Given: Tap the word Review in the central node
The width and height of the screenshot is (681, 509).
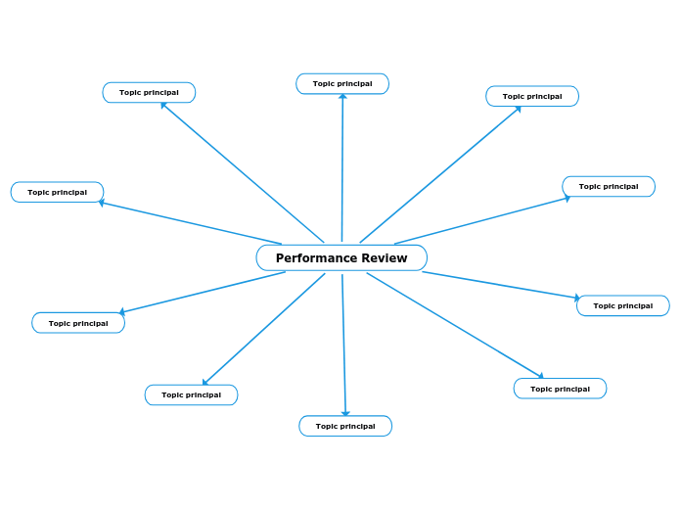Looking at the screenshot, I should [x=385, y=258].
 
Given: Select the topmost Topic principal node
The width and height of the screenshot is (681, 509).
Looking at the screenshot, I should [x=342, y=84].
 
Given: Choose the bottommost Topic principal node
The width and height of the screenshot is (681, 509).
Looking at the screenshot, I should [x=345, y=426].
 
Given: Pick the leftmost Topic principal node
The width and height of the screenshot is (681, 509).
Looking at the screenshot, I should [x=57, y=192].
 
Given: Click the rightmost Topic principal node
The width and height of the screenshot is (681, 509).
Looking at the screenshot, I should [x=623, y=305].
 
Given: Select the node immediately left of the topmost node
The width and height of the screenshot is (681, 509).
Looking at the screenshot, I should [x=149, y=92].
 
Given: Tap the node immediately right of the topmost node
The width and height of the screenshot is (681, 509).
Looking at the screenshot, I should [x=532, y=96].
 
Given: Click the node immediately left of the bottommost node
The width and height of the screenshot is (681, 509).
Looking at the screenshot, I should [x=191, y=394].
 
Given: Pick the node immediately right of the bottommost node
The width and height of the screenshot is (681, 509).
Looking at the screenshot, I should [x=560, y=389].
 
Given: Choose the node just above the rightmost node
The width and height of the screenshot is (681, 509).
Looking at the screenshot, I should [x=609, y=186].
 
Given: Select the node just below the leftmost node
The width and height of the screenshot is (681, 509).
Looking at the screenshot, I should [x=78, y=323].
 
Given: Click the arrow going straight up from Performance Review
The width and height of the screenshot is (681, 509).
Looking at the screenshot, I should [x=342, y=166].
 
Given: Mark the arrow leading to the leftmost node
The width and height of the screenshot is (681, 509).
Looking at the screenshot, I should [x=191, y=223].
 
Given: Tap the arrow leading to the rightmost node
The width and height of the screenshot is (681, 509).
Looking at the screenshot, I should [x=501, y=285].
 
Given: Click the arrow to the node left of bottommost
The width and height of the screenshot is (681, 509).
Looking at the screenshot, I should [x=264, y=329].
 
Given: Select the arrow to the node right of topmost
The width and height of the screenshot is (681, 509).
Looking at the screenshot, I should [x=440, y=173].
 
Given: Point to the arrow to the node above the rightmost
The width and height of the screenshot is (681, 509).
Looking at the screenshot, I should [x=481, y=220].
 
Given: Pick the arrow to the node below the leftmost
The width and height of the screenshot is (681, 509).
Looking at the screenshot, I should [x=203, y=293].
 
